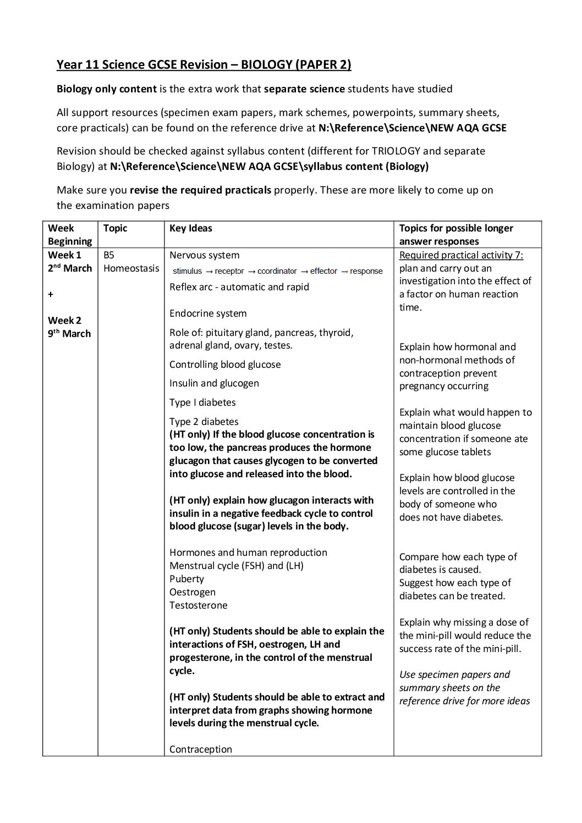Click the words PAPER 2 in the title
(x=323, y=65)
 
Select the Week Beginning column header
(x=69, y=235)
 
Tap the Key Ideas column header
(x=190, y=228)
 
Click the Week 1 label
(x=64, y=255)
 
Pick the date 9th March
(x=69, y=333)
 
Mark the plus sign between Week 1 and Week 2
(x=51, y=294)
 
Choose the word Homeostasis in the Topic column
(x=131, y=268)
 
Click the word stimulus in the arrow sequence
(x=187, y=271)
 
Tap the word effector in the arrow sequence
(x=323, y=271)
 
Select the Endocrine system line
(x=208, y=313)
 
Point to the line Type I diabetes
(x=202, y=402)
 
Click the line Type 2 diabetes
(x=204, y=422)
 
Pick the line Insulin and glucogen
(x=214, y=383)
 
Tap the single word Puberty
(x=186, y=579)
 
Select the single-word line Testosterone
(x=198, y=605)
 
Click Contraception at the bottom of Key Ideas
(x=201, y=749)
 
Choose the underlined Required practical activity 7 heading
(x=461, y=255)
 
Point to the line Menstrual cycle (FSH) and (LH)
(x=236, y=566)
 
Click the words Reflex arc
(x=190, y=287)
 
